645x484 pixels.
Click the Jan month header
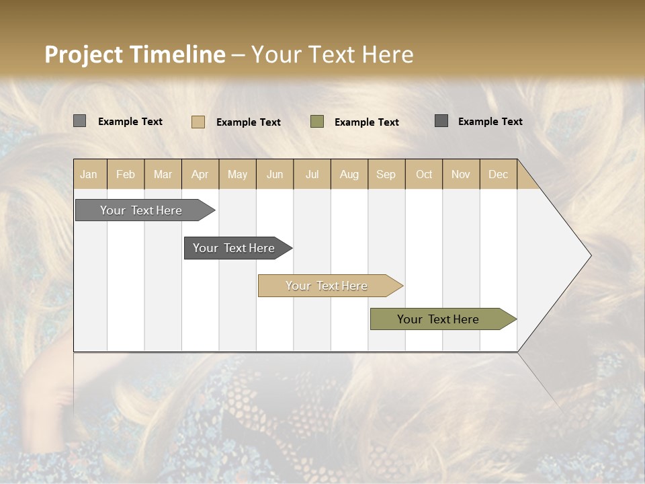coord(89,174)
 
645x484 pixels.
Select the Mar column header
coord(163,174)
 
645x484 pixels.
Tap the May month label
coord(237,174)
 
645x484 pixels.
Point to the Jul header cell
coord(312,174)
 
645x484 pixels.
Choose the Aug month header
coord(349,174)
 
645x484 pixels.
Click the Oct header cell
coord(424,174)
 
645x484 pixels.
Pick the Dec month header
coord(498,174)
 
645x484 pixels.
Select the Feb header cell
coord(126,174)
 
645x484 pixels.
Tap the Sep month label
coord(386,174)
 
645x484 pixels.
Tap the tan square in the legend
coord(198,122)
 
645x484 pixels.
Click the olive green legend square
coord(317,122)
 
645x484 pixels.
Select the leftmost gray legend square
coord(80,121)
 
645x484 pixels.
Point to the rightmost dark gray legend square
coord(441,121)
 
